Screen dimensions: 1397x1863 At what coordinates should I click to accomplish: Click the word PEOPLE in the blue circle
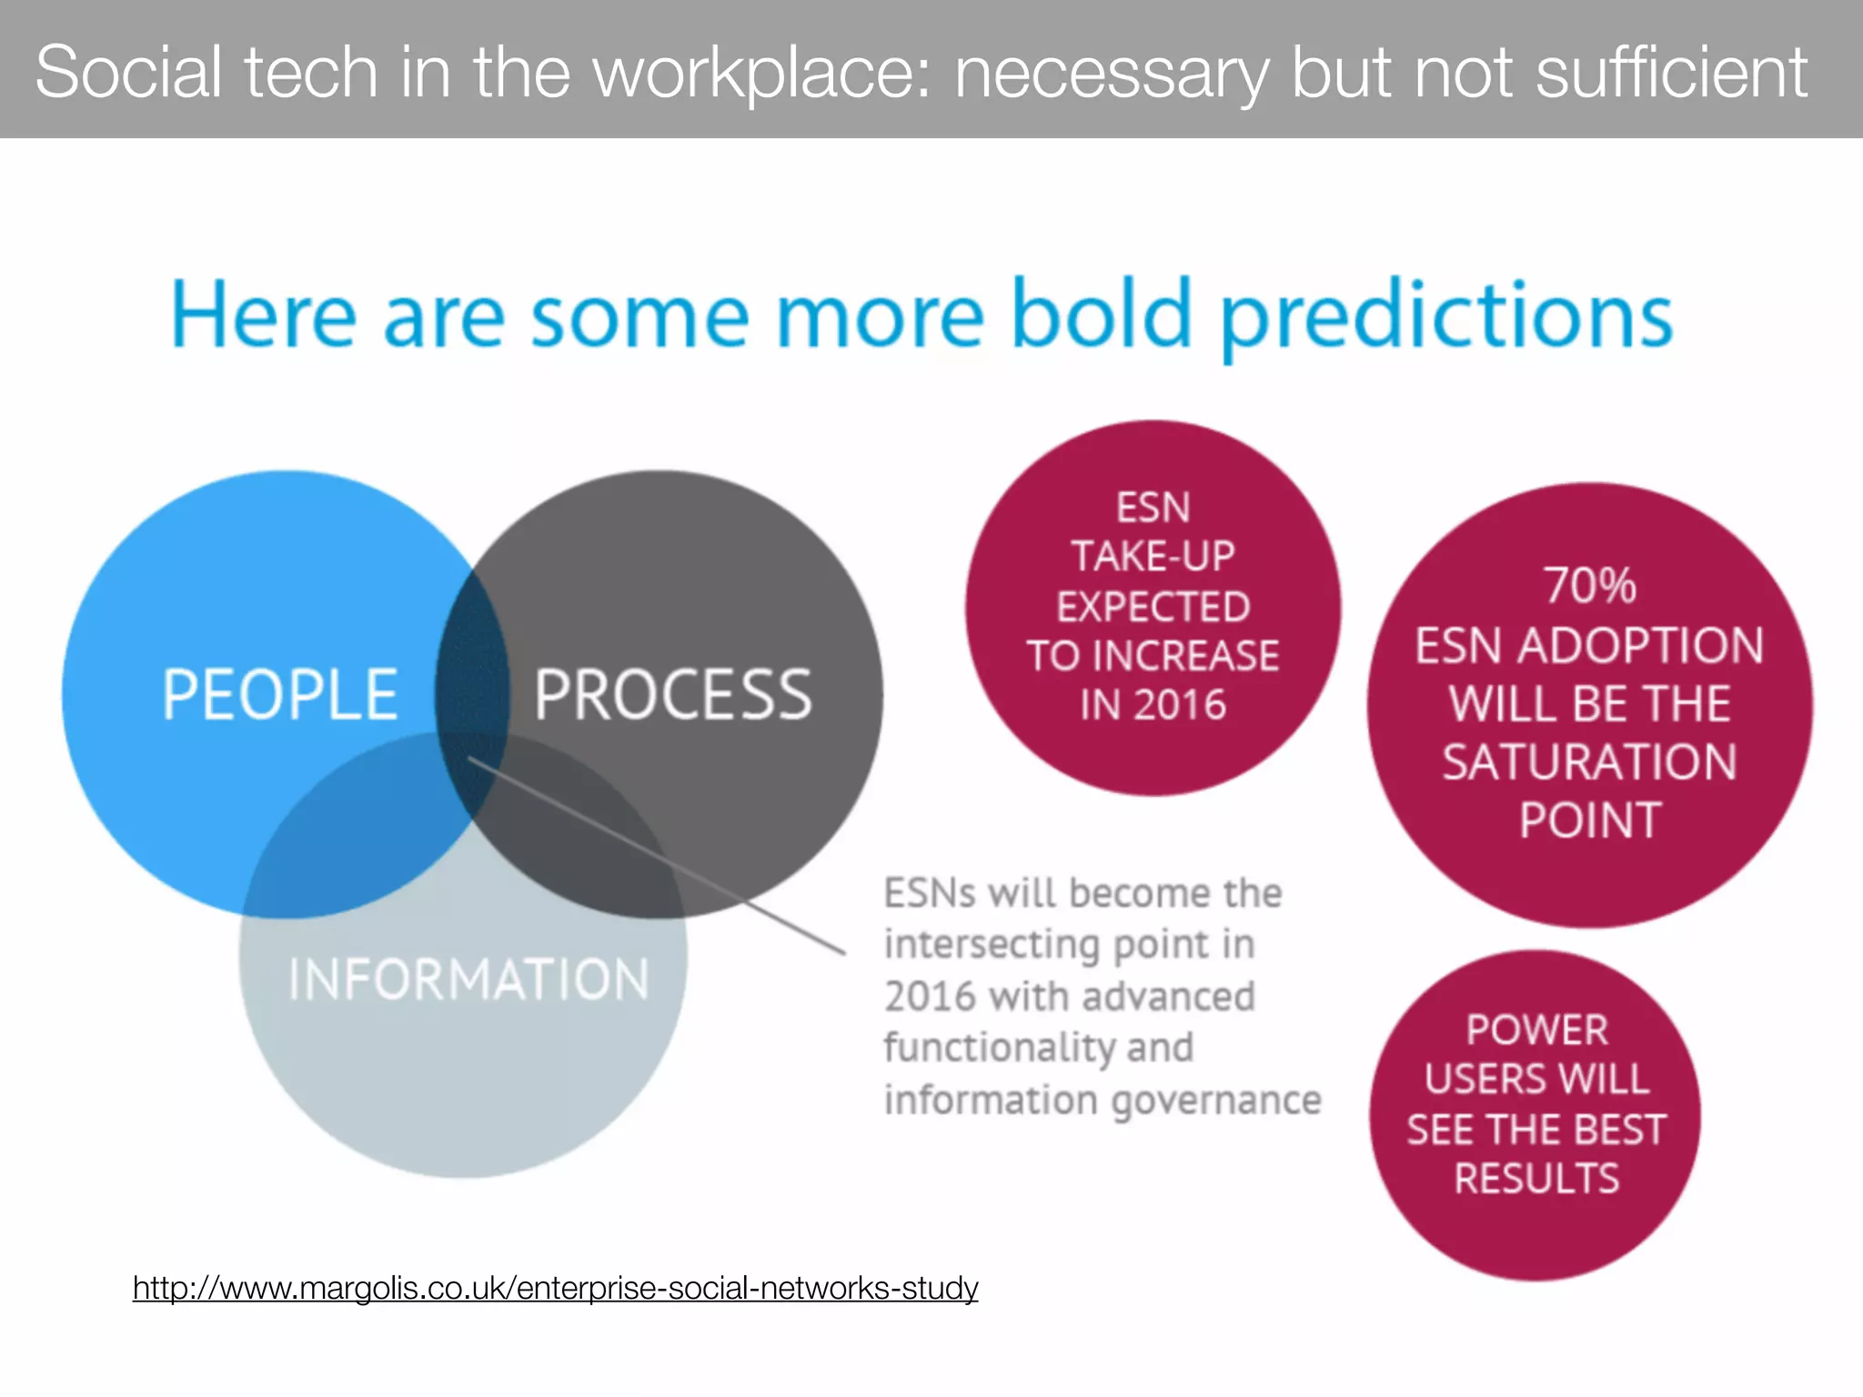point(280,695)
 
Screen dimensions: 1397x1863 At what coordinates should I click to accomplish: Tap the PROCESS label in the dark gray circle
point(672,695)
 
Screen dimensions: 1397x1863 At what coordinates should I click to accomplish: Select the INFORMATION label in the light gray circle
point(468,980)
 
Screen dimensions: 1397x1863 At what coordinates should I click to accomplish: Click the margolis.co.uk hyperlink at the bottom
point(555,1288)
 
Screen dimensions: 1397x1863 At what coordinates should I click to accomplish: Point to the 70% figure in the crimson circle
point(1590,585)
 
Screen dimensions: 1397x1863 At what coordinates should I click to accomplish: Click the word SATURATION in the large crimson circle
point(1590,762)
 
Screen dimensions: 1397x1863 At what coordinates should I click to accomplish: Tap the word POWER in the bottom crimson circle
point(1537,1030)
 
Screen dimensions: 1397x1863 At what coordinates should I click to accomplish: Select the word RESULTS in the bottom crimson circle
point(1537,1179)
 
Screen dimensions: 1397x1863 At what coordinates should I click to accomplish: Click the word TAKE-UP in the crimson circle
point(1153,557)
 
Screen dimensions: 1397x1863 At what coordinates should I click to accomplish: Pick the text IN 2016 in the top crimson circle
point(1153,705)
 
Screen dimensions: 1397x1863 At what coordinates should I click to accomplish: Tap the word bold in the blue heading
point(1101,315)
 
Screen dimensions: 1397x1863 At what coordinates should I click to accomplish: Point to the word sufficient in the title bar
point(1671,73)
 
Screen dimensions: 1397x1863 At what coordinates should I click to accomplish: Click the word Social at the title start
point(128,73)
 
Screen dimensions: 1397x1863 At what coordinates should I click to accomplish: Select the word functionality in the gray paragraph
point(998,1049)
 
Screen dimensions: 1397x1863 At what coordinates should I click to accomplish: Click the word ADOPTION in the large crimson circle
point(1640,646)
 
